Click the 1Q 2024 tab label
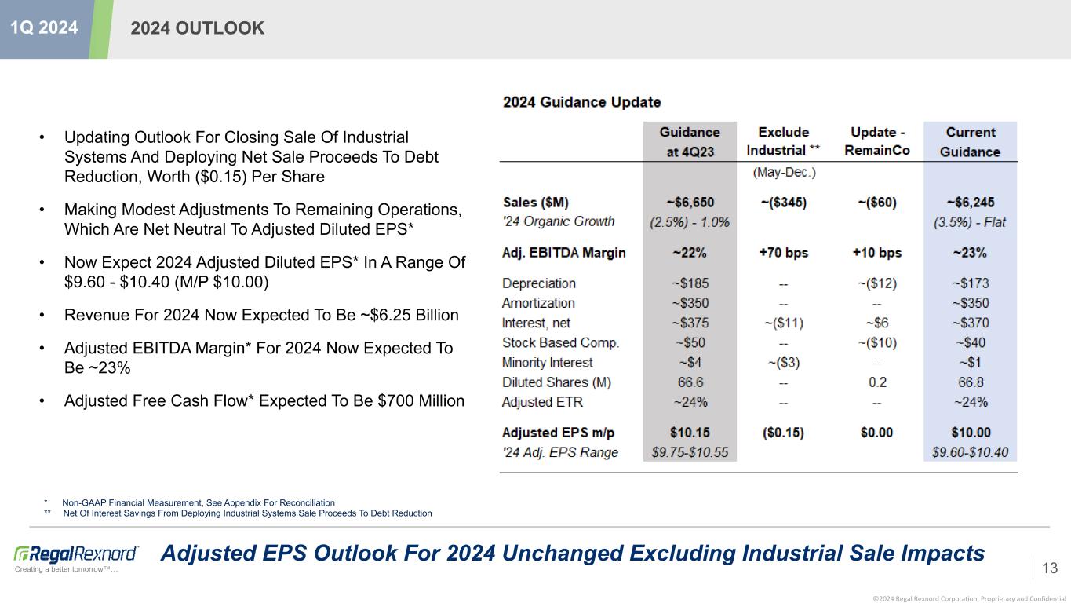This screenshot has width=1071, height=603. [44, 27]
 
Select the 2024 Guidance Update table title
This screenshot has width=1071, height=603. [581, 102]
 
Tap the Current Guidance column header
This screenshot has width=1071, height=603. [970, 142]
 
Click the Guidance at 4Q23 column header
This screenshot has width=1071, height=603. [690, 142]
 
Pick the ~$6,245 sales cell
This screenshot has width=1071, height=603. [970, 202]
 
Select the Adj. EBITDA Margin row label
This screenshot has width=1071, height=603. [564, 253]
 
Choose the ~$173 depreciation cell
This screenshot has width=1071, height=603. [970, 283]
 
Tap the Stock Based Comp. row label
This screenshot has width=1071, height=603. [560, 342]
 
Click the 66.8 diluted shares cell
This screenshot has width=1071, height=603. [970, 382]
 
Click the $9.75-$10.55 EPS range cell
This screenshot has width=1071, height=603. [690, 452]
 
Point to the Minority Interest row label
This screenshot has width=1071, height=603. [548, 363]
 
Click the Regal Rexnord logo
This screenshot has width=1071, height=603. [76, 554]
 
